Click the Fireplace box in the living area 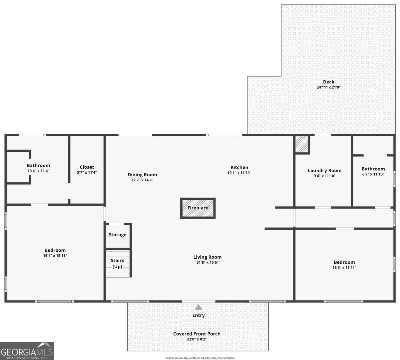[198, 208]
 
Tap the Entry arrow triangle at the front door [198, 307]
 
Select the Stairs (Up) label [117, 263]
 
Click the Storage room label [118, 235]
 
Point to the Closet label [87, 167]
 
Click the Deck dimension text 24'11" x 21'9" [328, 87]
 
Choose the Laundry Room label [324, 170]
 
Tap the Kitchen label [239, 167]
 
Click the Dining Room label [142, 174]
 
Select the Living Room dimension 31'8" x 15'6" [207, 262]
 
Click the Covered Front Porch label [197, 334]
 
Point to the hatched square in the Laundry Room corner [302, 144]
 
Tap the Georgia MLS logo [27, 351]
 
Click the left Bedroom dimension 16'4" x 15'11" [55, 256]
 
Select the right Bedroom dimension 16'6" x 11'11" [344, 267]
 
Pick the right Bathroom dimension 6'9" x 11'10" [373, 174]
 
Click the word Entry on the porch [198, 315]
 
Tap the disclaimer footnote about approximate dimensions [200, 358]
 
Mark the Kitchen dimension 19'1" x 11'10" [239, 173]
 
